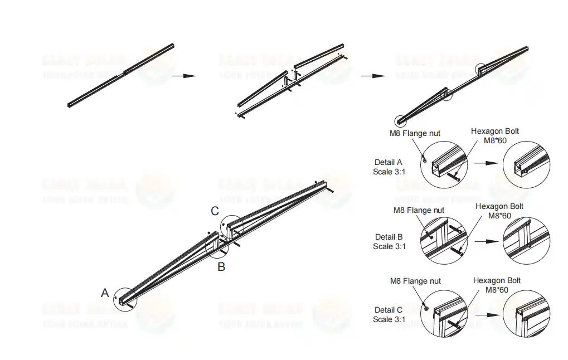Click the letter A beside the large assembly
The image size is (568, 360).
coord(104,293)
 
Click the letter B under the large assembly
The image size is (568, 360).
coord(221,267)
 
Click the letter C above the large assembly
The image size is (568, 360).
coord(215,211)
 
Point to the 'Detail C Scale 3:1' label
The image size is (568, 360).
coord(389,314)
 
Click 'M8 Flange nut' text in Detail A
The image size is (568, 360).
coord(415,133)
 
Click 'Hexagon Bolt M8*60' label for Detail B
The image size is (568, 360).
coord(499,211)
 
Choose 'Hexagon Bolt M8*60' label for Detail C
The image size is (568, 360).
coord(497,285)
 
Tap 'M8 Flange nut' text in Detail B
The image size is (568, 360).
coord(419,210)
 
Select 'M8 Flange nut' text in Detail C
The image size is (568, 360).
coord(415,281)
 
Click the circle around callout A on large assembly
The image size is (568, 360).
coord(124,299)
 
